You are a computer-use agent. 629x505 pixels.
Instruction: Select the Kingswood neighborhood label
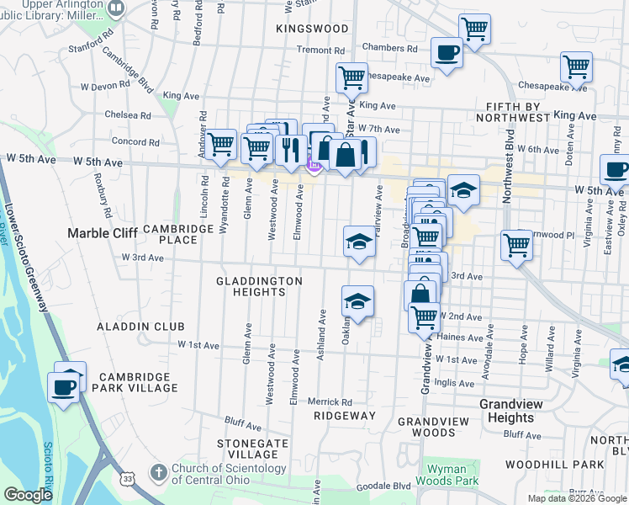311,29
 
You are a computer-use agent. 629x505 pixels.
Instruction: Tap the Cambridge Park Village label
139,382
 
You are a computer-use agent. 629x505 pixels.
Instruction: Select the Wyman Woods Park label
452,475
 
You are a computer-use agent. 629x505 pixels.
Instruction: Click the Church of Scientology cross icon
160,474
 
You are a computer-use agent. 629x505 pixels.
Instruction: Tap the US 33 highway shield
125,478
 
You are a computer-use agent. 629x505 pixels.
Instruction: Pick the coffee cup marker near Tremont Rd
446,54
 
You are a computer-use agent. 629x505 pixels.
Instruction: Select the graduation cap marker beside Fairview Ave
359,242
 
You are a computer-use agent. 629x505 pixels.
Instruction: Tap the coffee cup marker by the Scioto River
64,387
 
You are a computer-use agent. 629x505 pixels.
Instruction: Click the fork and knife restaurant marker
291,150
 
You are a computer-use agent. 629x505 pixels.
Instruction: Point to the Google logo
28,496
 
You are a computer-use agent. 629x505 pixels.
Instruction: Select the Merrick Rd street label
334,402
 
